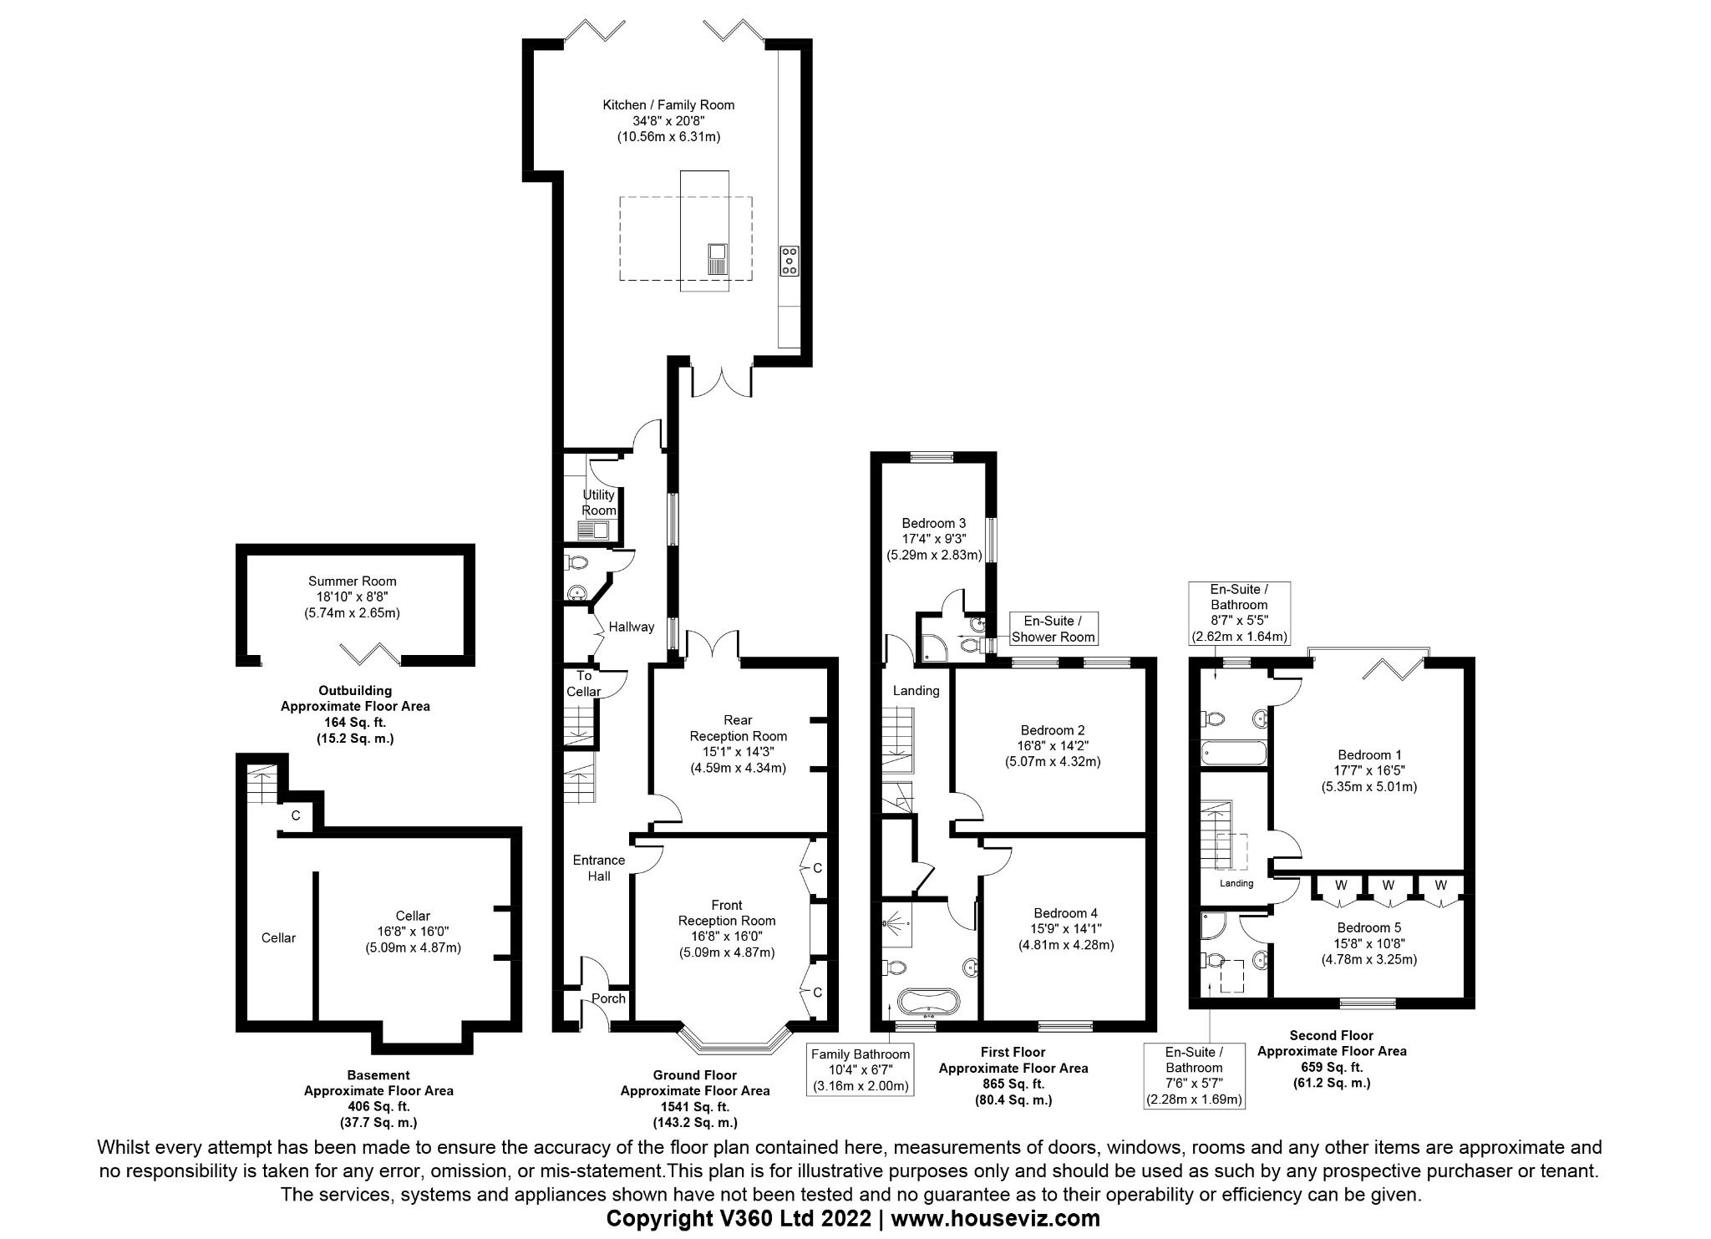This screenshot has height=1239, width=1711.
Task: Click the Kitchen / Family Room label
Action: click(x=668, y=105)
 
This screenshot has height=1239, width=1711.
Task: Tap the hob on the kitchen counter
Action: click(x=789, y=260)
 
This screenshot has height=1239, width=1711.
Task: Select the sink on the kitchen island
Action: click(x=717, y=258)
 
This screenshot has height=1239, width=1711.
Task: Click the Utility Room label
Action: click(x=598, y=502)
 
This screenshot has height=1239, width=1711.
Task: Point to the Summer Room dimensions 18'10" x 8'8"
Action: click(x=352, y=597)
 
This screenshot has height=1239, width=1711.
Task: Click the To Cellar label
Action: click(x=583, y=683)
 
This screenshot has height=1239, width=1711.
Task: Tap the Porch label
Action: click(x=608, y=998)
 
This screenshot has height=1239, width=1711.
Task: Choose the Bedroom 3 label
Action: click(x=933, y=524)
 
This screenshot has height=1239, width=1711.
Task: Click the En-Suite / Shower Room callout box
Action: click(x=1052, y=629)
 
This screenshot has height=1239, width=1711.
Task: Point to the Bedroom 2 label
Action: click(x=1053, y=730)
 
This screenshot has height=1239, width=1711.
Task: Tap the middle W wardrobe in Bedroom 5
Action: click(x=1388, y=885)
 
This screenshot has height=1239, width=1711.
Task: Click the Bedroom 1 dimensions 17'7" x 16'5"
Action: click(x=1368, y=770)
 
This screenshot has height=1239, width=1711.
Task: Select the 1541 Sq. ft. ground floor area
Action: click(x=694, y=1106)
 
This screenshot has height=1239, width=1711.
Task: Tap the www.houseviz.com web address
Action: click(x=995, y=1219)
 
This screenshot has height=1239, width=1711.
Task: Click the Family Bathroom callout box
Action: click(x=860, y=1070)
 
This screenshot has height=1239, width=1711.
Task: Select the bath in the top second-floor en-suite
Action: click(x=1233, y=754)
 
